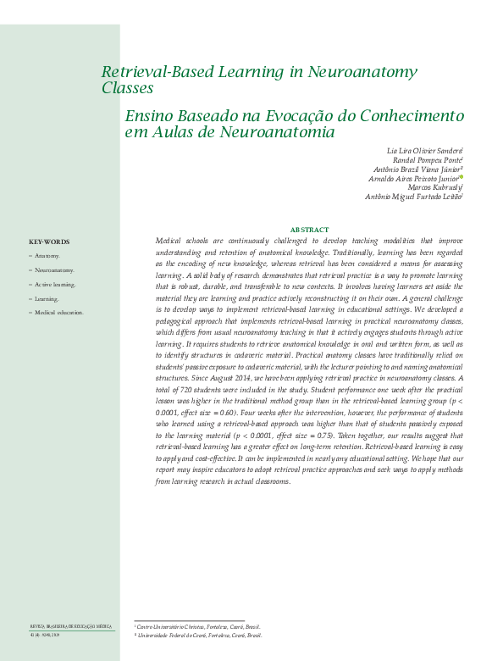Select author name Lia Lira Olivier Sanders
[x=423, y=150]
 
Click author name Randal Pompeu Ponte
[x=427, y=159]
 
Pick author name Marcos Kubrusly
[x=434, y=187]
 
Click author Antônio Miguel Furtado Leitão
[x=413, y=197]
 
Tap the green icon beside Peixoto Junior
[x=462, y=177]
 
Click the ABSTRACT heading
[x=309, y=230]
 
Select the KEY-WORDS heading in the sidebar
[x=49, y=242]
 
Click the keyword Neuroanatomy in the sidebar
[x=54, y=269]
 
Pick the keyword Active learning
[x=55, y=284]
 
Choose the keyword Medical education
[x=59, y=313]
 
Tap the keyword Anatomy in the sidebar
[x=47, y=255]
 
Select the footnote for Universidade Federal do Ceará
[x=199, y=635]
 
